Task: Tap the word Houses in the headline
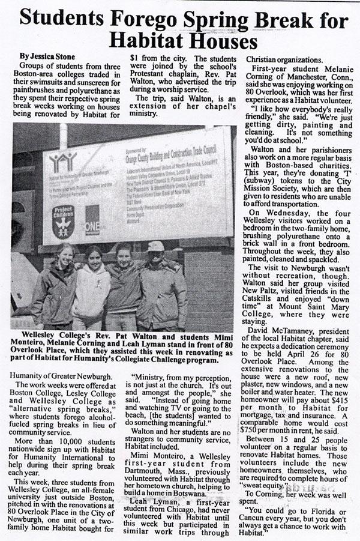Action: pyautogui.click(x=218, y=41)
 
